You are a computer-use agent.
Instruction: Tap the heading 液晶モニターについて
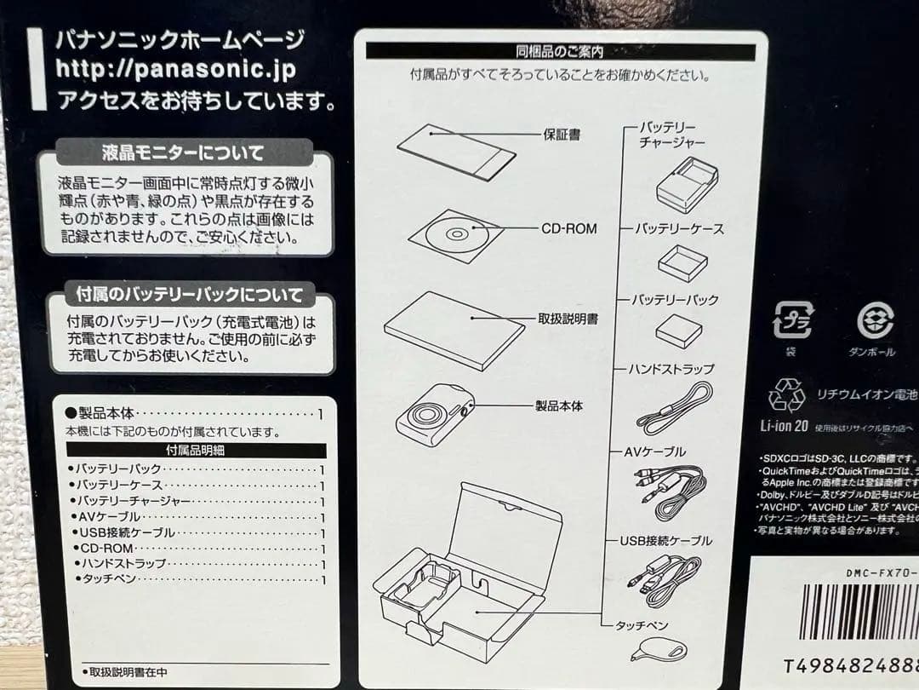coord(182,154)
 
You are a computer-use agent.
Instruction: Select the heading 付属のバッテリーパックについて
coord(190,296)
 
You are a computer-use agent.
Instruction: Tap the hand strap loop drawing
coord(675,408)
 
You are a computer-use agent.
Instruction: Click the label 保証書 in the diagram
coord(562,135)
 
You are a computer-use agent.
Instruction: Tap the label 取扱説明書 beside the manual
coord(567,319)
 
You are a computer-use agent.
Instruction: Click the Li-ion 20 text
coord(783,424)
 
